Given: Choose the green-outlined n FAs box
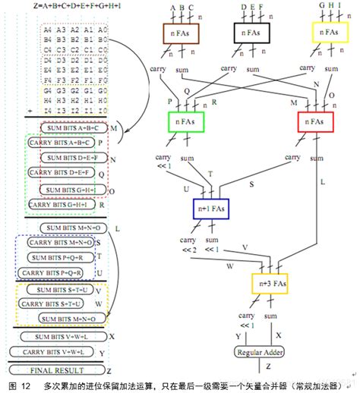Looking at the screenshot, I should click(x=186, y=122).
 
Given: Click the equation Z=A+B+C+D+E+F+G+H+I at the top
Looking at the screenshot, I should click(x=76, y=5).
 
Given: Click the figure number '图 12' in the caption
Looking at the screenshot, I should click(x=15, y=386).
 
